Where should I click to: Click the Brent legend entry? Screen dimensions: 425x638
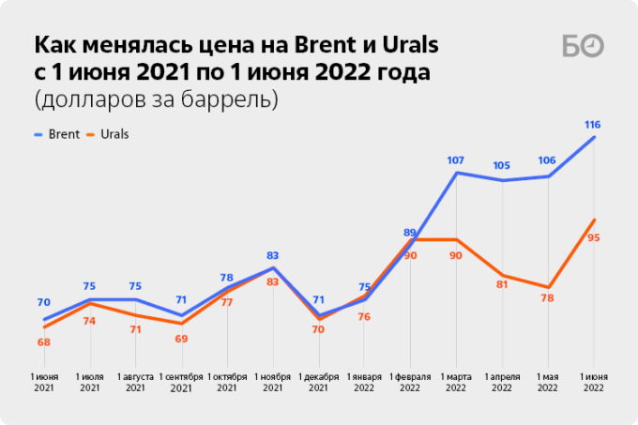point(58,134)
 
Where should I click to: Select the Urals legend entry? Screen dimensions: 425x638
point(107,134)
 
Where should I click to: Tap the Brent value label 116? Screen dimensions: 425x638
point(592,125)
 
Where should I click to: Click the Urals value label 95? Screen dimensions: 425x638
point(593,238)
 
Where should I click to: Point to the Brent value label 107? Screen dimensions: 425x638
point(456,159)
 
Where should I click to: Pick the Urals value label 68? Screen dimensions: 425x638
point(44,342)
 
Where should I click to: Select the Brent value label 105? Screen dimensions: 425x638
point(502,166)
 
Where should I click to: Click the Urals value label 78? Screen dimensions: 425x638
point(547,298)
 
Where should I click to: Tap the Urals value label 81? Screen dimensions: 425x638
point(502,284)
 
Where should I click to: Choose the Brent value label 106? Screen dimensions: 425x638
point(547,160)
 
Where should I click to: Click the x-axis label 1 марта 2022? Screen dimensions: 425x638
point(456,382)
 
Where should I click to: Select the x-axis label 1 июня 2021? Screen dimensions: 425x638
point(44,382)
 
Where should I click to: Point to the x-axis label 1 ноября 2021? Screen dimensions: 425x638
point(272,382)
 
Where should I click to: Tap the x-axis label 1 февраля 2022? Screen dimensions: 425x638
point(410,382)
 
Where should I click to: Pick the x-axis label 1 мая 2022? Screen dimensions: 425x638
point(547,382)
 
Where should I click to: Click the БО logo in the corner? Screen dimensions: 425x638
point(583,47)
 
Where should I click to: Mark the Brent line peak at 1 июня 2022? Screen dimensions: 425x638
point(593,138)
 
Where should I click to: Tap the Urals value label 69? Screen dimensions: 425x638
point(181,338)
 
